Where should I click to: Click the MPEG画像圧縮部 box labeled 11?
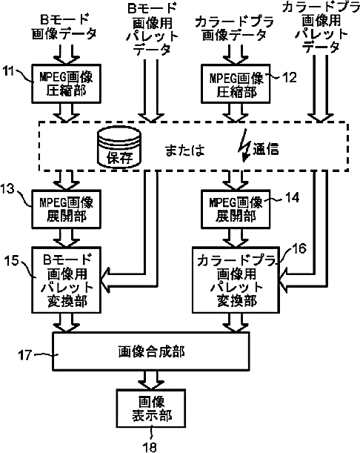pos(66,84)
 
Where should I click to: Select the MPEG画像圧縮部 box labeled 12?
pos(236,84)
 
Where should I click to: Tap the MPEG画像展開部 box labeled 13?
pos(66,209)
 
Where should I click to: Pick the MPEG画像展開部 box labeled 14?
pos(236,209)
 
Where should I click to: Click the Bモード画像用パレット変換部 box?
pos(66,280)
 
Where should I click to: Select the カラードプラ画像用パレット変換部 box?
pos(236,280)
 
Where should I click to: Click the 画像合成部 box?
pos(150,351)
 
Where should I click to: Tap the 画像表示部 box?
pos(150,409)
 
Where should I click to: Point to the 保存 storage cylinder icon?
pos(119,147)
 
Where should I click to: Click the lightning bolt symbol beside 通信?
pos(244,145)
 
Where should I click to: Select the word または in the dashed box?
pos(184,151)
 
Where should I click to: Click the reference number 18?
pos(150,446)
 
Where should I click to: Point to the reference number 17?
pos(25,355)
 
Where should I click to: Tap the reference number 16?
pos(299,248)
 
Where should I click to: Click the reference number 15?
pos(12,260)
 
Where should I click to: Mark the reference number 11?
pos(8,71)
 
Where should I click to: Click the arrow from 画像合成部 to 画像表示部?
pos(150,380)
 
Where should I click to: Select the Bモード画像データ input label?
pos(64,27)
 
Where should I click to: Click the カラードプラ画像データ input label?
pos(234,29)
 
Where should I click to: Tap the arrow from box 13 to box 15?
pos(66,238)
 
